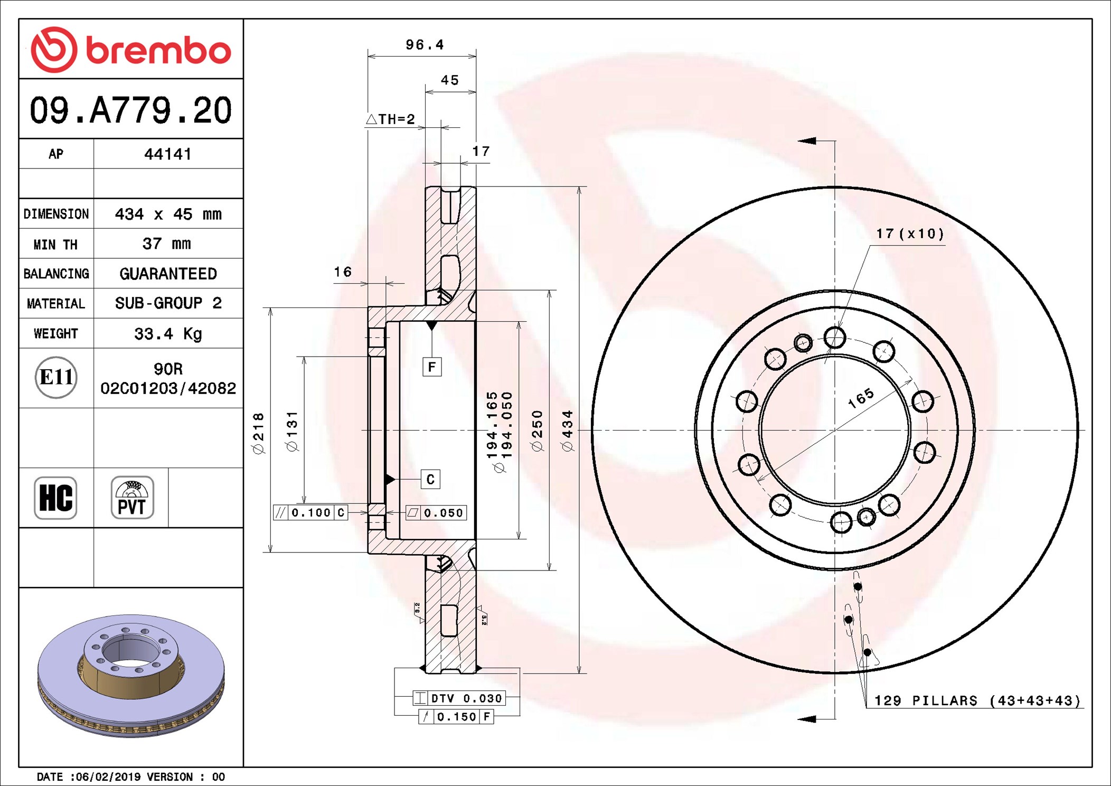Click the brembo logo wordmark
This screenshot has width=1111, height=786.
pos(158,51)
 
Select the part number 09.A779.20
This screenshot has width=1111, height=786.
pos(130,110)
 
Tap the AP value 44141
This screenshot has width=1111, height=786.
pos(168,154)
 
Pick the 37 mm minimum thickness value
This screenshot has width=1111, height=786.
pos(167,244)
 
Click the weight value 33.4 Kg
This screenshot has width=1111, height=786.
pos(168,334)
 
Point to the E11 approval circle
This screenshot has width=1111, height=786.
pos(56,377)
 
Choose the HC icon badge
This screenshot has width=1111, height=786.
pos(55,498)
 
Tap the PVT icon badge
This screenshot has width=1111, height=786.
pos(132,498)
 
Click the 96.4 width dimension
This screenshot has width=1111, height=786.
pos(425,45)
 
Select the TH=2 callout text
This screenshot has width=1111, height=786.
pos(391,119)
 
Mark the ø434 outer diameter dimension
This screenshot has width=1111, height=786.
pos(568,431)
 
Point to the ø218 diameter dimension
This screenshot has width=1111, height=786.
pos(258,433)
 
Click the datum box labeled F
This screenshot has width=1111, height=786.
pos(432,367)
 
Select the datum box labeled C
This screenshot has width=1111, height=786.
pos(430,479)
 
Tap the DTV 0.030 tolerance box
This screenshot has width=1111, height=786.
pos(459,698)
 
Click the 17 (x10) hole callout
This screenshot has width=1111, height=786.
pos(910,233)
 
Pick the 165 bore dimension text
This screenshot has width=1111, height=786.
pos(861,398)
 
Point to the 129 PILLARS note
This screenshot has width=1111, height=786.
pos(977,700)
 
